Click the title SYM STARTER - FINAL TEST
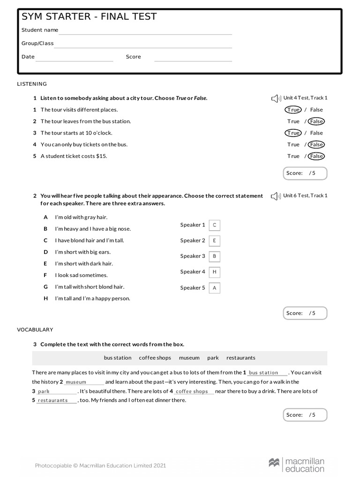[89, 17]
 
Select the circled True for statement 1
[293, 110]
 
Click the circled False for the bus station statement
[316, 121]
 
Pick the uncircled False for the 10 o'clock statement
[316, 133]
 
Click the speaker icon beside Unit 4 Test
[276, 98]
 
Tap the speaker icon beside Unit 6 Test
[276, 196]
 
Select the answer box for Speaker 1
[214, 225]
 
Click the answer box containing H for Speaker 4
[214, 272]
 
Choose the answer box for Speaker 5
[214, 288]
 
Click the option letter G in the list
[45, 287]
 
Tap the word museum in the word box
[189, 358]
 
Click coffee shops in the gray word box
[155, 358]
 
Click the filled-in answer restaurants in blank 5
[52, 401]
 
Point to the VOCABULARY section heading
[35, 330]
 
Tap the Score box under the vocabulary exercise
[305, 415]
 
